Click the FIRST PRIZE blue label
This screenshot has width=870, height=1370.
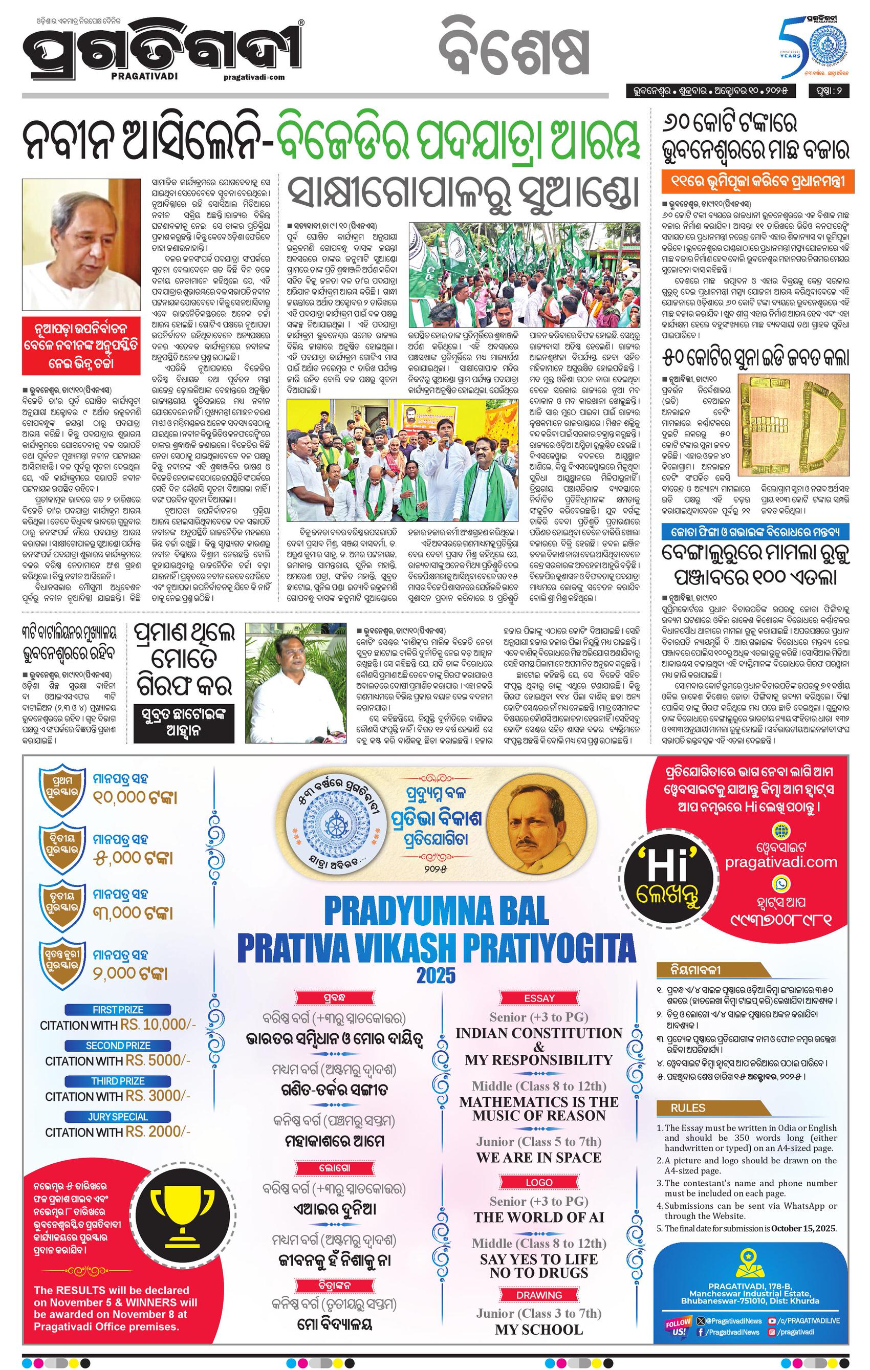(118, 1010)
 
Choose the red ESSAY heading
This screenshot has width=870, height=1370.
(539, 998)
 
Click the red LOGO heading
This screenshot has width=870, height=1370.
(539, 1182)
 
